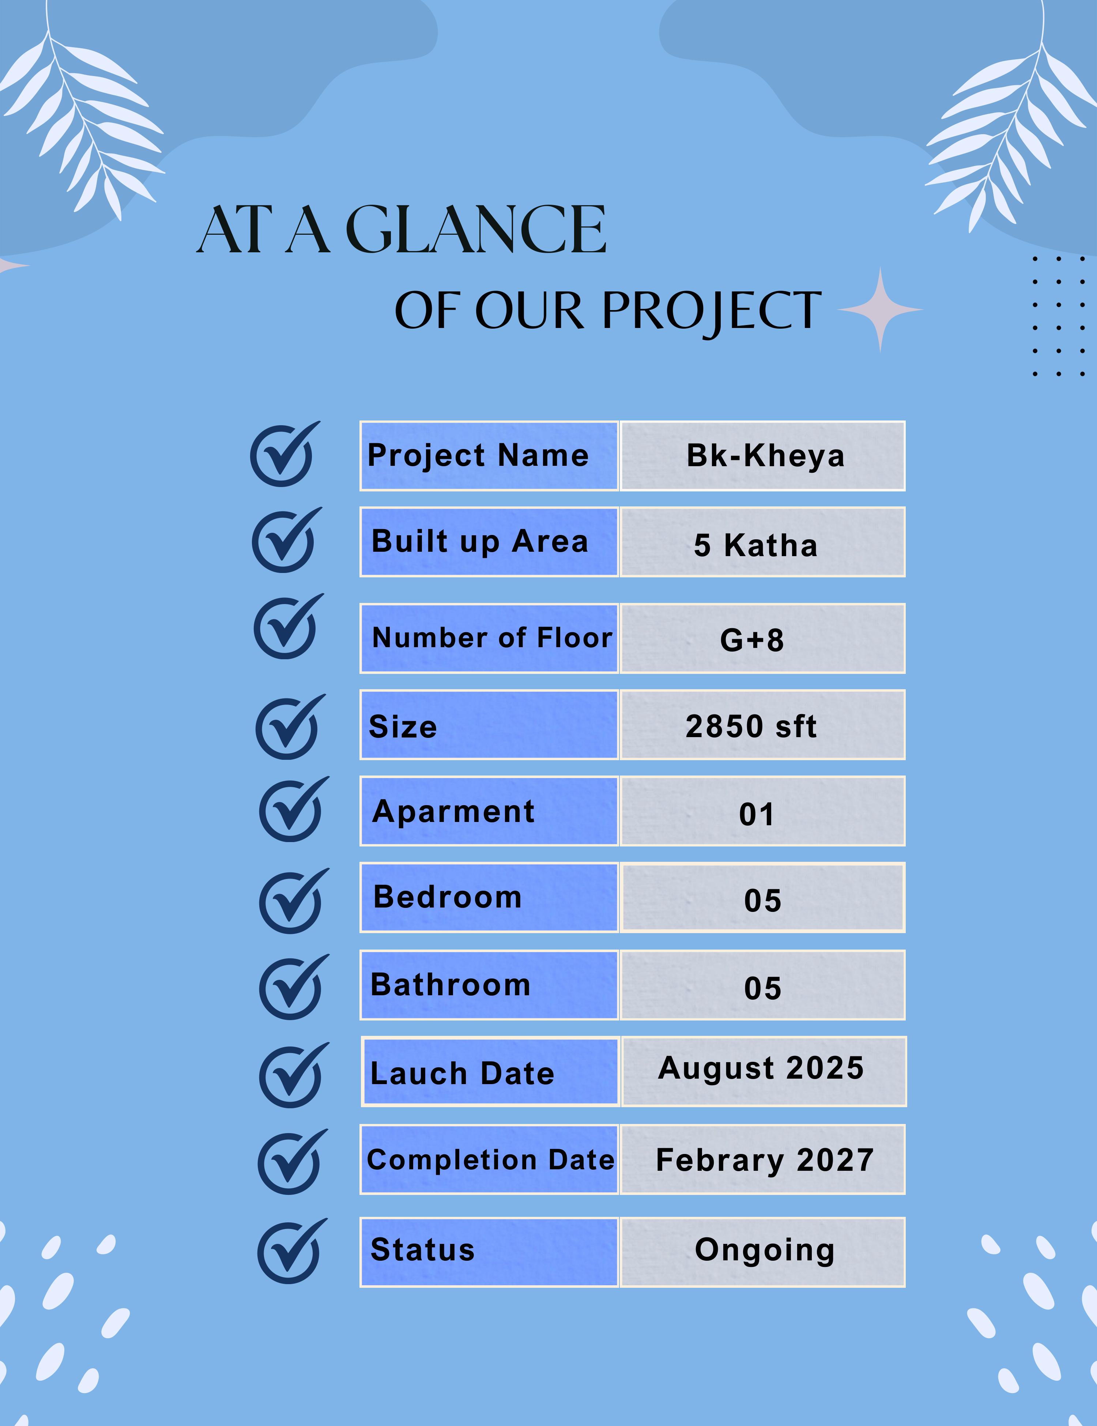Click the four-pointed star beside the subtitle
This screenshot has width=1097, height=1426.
[880, 309]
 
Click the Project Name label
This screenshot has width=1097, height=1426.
[478, 456]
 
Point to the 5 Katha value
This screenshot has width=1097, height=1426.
[755, 545]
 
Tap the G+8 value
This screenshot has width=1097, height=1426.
[751, 640]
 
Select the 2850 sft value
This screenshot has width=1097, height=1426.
[751, 726]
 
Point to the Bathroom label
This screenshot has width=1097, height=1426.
[451, 985]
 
